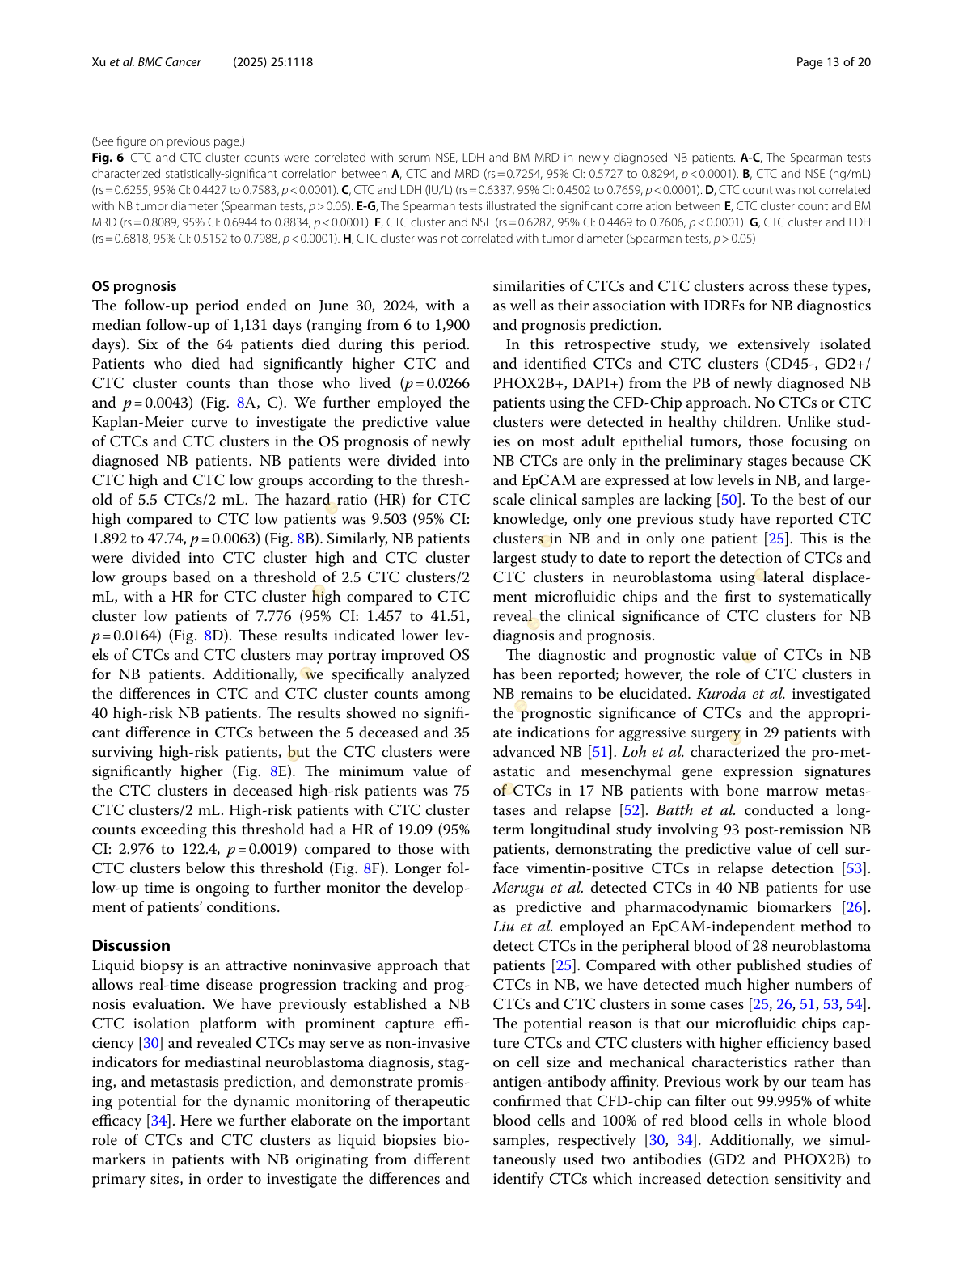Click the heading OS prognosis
133,286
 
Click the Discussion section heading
131,945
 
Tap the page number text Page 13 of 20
833,62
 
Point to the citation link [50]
729,500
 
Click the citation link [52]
631,810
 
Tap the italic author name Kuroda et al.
741,694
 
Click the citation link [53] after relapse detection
854,868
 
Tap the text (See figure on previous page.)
168,141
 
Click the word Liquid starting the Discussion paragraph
114,965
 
